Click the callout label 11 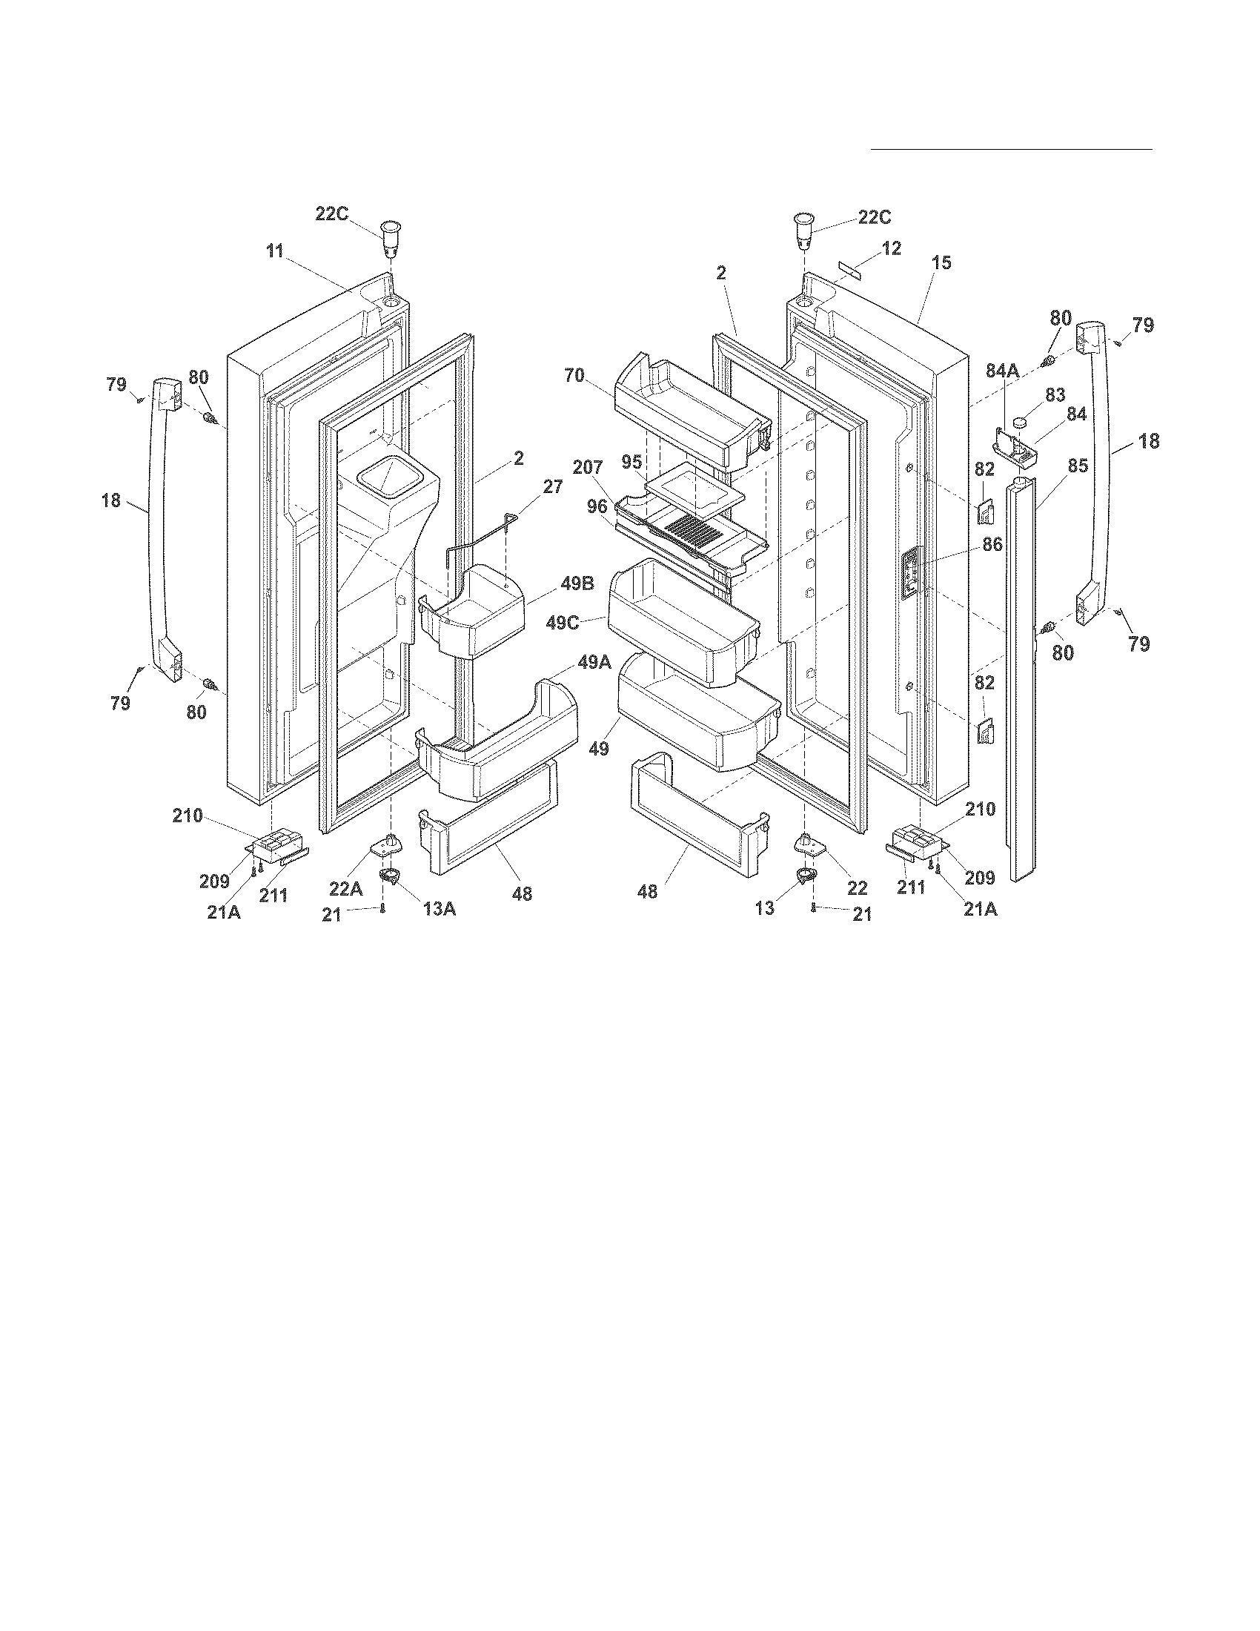[x=276, y=251]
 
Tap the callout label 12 [x=891, y=248]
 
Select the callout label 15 [x=942, y=263]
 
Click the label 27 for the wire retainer [x=553, y=487]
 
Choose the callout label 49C [x=563, y=622]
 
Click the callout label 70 [x=574, y=376]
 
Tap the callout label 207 [x=588, y=469]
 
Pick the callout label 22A [x=346, y=889]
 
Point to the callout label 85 [x=1078, y=468]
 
